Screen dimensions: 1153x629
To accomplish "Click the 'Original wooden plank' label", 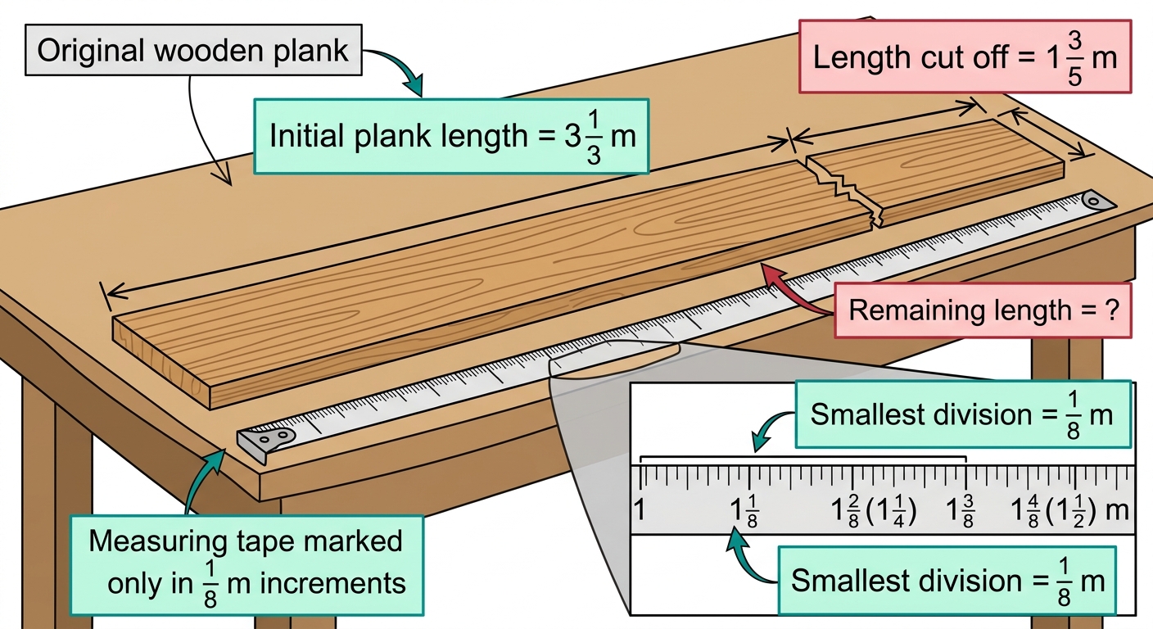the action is [x=193, y=50].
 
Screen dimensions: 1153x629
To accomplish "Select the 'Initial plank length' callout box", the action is [x=451, y=137].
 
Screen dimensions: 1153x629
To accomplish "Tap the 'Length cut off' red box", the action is [x=965, y=57].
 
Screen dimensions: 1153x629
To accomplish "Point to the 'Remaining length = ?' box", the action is [x=983, y=310].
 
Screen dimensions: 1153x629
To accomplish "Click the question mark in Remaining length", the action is [x=1112, y=310].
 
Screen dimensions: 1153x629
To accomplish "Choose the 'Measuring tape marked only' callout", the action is [x=247, y=565].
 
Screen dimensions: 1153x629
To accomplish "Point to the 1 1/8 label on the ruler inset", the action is [x=744, y=511].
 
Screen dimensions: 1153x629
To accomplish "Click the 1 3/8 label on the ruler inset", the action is [x=960, y=511].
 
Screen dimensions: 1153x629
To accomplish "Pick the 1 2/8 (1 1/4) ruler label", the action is [x=874, y=511].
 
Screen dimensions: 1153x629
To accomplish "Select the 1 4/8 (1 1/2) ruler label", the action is [x=1060, y=511].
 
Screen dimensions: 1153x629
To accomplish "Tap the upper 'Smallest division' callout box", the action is [x=963, y=414].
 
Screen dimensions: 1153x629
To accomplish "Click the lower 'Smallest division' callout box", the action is [x=947, y=580].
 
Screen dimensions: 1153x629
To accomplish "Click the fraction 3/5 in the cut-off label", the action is [x=1074, y=57].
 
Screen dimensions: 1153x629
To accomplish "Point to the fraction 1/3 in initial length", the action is [x=594, y=138].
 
